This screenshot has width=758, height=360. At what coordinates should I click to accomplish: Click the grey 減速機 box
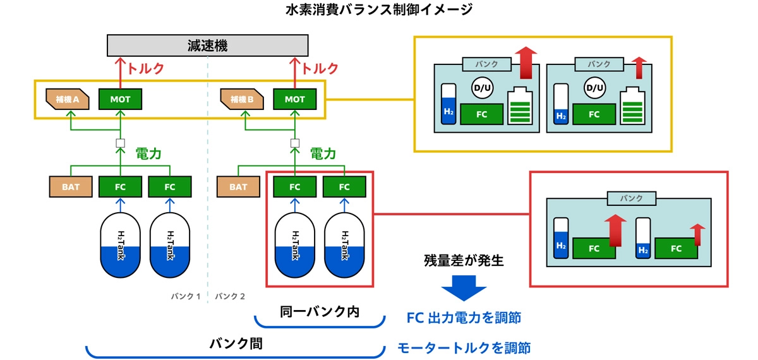[x=208, y=45]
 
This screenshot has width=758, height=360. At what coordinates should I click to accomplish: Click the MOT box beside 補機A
[x=121, y=99]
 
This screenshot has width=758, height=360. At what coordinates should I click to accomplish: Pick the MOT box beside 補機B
[x=295, y=99]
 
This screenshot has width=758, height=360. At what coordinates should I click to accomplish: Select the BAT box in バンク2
[x=238, y=187]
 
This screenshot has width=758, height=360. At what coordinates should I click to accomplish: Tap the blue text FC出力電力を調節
[x=464, y=318]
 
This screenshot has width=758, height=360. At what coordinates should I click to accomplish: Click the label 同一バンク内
[x=320, y=312]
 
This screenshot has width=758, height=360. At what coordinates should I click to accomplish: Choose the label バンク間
[x=236, y=344]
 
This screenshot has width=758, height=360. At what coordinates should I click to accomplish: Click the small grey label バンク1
[x=186, y=296]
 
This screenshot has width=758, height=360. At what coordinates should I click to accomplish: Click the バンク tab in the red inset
[x=631, y=198]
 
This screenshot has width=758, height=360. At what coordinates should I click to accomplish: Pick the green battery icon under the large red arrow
[x=521, y=105]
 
